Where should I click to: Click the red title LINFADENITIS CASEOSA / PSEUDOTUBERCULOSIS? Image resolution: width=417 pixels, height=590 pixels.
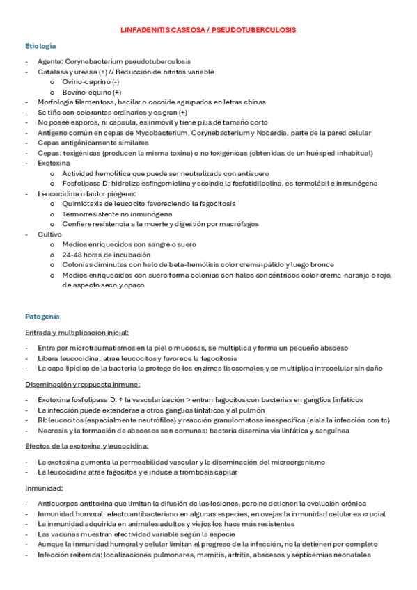click(208, 31)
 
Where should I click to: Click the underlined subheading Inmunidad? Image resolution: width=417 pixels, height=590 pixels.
click(44, 488)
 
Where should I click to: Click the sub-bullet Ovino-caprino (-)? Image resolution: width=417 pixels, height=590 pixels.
click(91, 82)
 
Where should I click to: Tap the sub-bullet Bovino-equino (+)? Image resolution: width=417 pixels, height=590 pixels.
click(92, 92)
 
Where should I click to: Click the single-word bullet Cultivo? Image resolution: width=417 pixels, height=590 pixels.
click(50, 234)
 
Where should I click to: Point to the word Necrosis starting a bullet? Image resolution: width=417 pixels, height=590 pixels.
click(52, 431)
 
